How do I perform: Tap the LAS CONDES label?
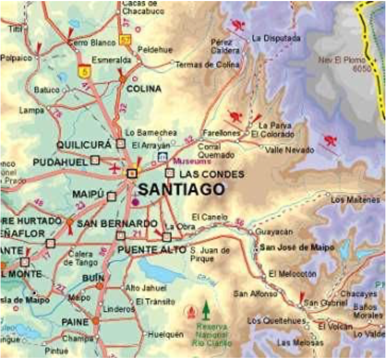(x=212, y=174)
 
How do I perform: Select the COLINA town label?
(x=144, y=89)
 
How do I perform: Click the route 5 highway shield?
(x=83, y=71)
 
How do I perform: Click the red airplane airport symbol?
(x=114, y=169)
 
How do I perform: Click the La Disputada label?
(x=276, y=38)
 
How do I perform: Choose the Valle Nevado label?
(x=289, y=150)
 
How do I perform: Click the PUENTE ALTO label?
(x=152, y=249)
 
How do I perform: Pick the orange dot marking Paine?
(x=95, y=321)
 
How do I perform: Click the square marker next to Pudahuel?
(x=95, y=160)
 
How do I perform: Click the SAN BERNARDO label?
(x=117, y=224)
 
